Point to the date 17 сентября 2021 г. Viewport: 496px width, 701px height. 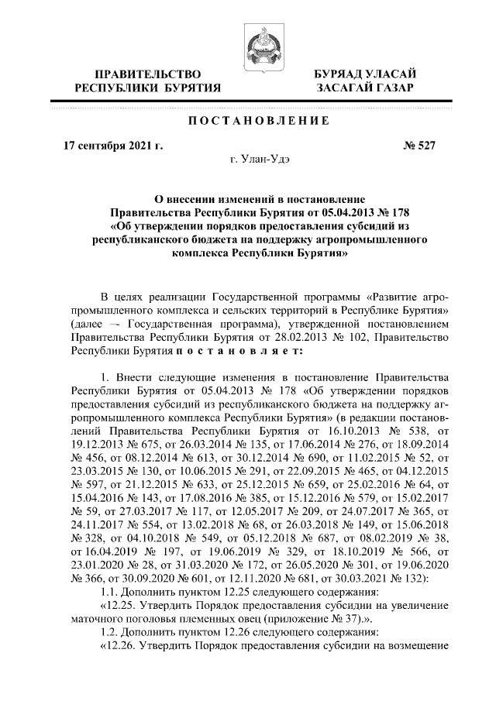pos(113,144)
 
